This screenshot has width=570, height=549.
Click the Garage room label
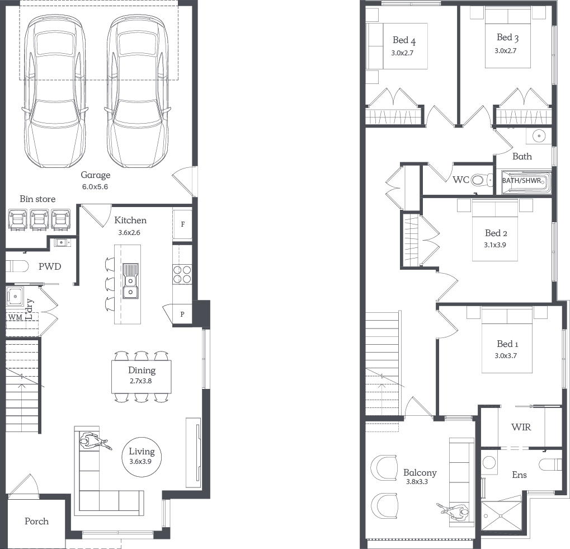(x=96, y=175)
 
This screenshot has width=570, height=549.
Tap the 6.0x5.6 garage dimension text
(x=95, y=187)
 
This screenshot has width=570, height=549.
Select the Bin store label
(x=37, y=199)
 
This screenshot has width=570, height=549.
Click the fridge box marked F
(x=182, y=224)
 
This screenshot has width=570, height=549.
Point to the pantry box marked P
(x=182, y=314)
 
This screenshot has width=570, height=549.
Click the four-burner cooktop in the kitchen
(x=182, y=274)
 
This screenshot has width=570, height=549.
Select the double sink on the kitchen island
(x=130, y=281)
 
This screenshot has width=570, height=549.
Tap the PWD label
(x=50, y=266)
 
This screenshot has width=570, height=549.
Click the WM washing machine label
(x=15, y=317)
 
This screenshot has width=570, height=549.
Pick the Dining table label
(x=142, y=370)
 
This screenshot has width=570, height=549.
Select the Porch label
(x=37, y=522)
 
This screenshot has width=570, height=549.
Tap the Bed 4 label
(x=404, y=40)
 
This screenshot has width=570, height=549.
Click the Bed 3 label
(x=507, y=37)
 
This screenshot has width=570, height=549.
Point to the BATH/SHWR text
(x=521, y=180)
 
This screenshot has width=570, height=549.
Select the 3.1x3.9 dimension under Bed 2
(x=494, y=245)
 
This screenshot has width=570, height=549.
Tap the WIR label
(x=521, y=427)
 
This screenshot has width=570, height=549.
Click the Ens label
(x=519, y=475)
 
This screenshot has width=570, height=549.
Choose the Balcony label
(x=420, y=473)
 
